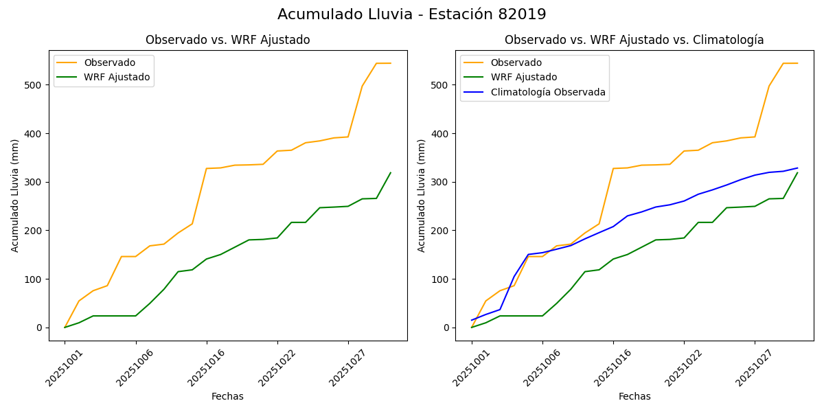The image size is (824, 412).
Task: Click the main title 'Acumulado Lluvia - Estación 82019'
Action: (412, 14)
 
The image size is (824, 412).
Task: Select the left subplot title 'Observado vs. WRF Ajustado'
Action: (227, 40)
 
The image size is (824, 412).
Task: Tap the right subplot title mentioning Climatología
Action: (634, 40)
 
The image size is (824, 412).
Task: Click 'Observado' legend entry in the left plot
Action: (109, 62)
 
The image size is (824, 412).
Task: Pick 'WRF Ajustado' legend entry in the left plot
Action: (116, 77)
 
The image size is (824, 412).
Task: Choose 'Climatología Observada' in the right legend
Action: (547, 92)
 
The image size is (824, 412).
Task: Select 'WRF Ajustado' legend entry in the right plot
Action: (523, 77)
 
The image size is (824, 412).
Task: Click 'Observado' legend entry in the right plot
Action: (516, 62)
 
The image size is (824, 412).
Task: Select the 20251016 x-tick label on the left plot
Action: (203, 367)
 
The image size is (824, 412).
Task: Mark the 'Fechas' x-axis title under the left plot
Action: (227, 396)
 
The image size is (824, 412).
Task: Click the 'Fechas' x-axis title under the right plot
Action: (634, 396)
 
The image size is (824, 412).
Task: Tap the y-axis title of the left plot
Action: (15, 195)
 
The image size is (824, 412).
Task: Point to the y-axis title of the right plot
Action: (422, 195)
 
